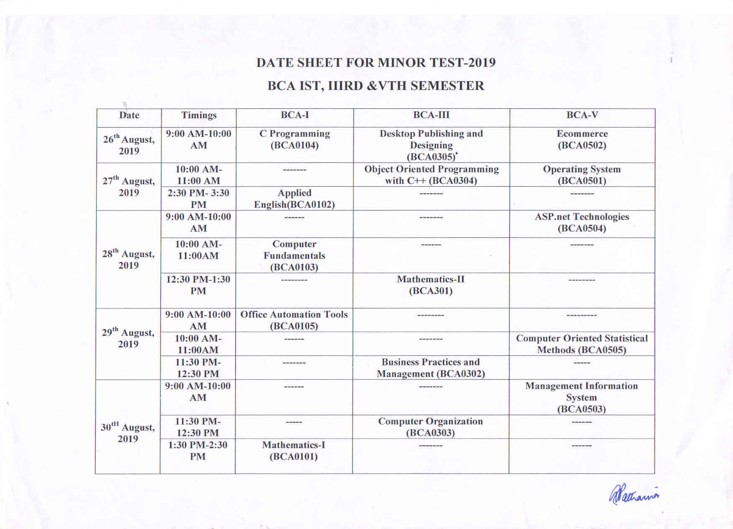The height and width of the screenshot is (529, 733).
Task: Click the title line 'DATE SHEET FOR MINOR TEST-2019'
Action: click(x=376, y=63)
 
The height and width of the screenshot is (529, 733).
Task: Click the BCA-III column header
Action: click(x=431, y=115)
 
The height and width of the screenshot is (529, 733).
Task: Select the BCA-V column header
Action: click(x=582, y=115)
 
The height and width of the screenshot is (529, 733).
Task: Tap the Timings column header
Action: click(x=199, y=116)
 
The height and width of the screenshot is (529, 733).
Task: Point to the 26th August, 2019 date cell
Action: click(x=129, y=145)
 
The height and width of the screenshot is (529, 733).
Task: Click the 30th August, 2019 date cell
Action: click(x=128, y=433)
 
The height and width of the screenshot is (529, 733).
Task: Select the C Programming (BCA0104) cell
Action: click(x=295, y=140)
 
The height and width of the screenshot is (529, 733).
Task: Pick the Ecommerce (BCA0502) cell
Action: click(x=582, y=140)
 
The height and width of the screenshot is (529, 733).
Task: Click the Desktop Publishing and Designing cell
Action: click(x=431, y=145)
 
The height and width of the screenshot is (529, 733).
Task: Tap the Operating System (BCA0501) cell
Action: click(x=582, y=175)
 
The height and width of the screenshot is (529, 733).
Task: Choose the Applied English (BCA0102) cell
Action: click(x=295, y=199)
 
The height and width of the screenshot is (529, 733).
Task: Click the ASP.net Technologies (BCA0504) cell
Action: click(x=582, y=223)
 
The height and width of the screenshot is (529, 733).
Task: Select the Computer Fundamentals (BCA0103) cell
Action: click(x=295, y=256)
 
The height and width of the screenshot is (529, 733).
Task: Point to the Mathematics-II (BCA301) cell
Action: click(x=431, y=285)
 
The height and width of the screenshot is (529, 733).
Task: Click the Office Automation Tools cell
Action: click(x=294, y=320)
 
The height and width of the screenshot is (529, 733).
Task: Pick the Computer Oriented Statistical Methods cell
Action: click(x=582, y=344)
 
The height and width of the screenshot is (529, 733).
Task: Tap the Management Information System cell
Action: click(x=582, y=398)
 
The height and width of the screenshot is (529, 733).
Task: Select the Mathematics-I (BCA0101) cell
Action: click(x=294, y=451)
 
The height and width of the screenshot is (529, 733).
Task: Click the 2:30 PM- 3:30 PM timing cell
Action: click(x=199, y=199)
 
